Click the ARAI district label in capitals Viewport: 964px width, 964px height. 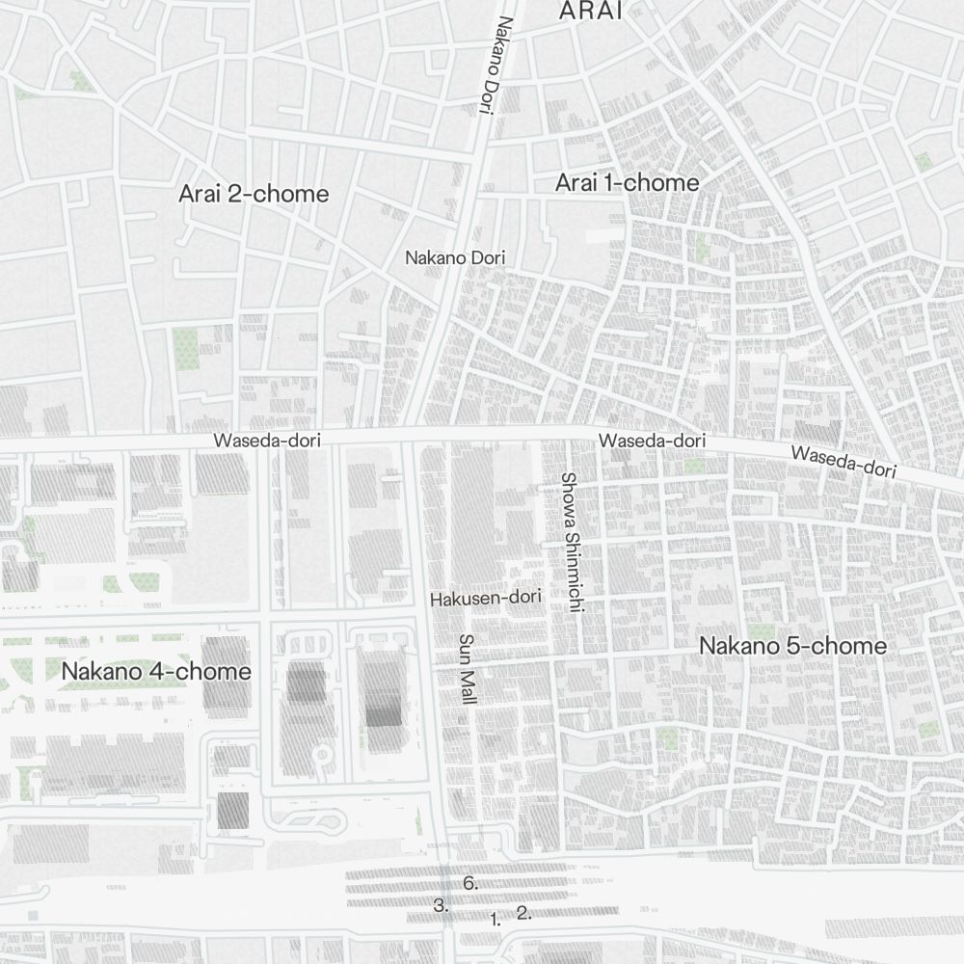(591, 11)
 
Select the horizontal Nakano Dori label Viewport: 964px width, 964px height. (455, 258)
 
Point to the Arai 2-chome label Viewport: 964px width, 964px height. (254, 194)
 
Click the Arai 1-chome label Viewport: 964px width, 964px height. (628, 182)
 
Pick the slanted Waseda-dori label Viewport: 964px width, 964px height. (843, 462)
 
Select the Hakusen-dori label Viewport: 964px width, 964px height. (487, 598)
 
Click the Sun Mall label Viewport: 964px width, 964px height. (468, 669)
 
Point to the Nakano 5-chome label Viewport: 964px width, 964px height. (793, 646)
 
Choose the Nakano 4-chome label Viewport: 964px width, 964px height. (156, 671)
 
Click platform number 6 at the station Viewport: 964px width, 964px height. (470, 883)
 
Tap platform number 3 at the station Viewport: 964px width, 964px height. (442, 905)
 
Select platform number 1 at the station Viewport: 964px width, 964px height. (495, 919)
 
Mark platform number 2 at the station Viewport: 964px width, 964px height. (523, 912)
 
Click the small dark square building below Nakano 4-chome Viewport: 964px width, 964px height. (232, 810)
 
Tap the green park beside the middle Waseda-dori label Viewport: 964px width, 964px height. (694, 466)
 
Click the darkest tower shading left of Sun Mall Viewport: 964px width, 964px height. (384, 713)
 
